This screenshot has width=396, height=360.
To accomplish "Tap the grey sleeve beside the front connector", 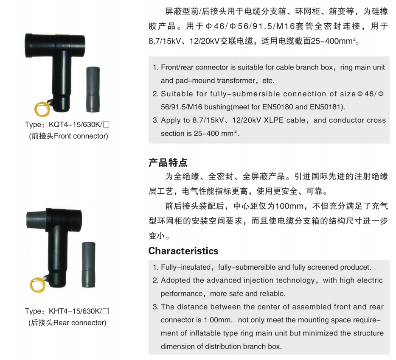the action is pos(93,89).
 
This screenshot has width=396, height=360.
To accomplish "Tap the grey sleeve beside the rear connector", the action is pos(88,265).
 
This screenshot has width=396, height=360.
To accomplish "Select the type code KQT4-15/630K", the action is pos(75,124).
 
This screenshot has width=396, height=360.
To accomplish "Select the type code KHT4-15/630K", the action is pos(75,311).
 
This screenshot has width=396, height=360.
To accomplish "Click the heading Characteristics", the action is pos(183,251).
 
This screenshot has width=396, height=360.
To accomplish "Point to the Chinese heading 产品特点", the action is pos(168,163).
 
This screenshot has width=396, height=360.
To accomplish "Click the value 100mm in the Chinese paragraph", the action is pos(289,206).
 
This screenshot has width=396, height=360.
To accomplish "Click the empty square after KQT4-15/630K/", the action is pos(107,125).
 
